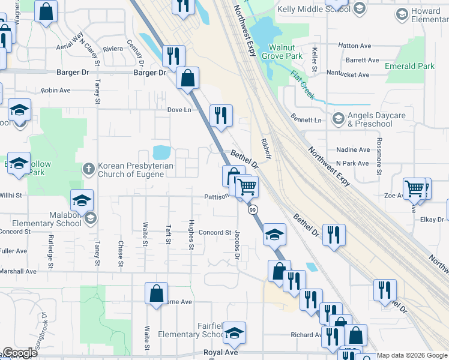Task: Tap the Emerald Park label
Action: coord(410,67)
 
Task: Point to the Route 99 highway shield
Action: coord(253,209)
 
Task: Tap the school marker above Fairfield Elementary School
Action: coord(235,332)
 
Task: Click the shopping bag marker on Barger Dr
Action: coord(188,77)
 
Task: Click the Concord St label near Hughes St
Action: coord(215,233)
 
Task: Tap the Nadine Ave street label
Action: coord(353,150)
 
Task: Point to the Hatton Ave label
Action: coord(355,46)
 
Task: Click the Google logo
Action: coord(20,353)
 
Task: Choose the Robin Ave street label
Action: coord(56,91)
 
